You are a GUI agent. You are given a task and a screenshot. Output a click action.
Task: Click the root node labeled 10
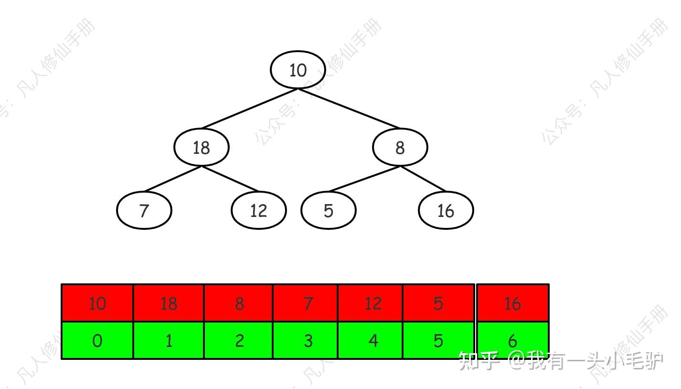click(x=298, y=70)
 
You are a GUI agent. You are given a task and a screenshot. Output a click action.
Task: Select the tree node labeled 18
click(x=201, y=147)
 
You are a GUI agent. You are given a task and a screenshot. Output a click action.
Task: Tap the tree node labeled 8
click(x=400, y=147)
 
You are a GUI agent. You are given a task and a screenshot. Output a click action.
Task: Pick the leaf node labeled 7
click(x=144, y=210)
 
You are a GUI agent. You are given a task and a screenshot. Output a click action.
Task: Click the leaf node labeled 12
click(x=258, y=210)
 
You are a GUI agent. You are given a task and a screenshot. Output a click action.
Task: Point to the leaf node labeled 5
click(x=328, y=210)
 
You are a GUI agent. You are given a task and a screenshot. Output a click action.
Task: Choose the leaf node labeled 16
click(x=446, y=210)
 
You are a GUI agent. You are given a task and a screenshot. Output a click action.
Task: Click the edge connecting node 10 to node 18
click(x=249, y=108)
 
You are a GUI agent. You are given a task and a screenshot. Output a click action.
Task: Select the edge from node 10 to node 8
click(x=349, y=108)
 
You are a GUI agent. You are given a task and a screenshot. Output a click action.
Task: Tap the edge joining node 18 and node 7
click(x=173, y=179)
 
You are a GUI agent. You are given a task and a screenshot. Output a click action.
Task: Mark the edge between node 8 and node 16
click(x=423, y=179)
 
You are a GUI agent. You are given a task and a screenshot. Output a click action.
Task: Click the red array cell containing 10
click(x=97, y=303)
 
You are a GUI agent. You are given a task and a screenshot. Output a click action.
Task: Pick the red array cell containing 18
click(x=169, y=303)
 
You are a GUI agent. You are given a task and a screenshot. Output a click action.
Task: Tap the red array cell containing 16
click(x=512, y=303)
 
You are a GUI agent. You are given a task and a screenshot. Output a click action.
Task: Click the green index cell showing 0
click(x=97, y=340)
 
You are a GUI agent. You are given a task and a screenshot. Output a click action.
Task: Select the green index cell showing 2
click(x=239, y=340)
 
